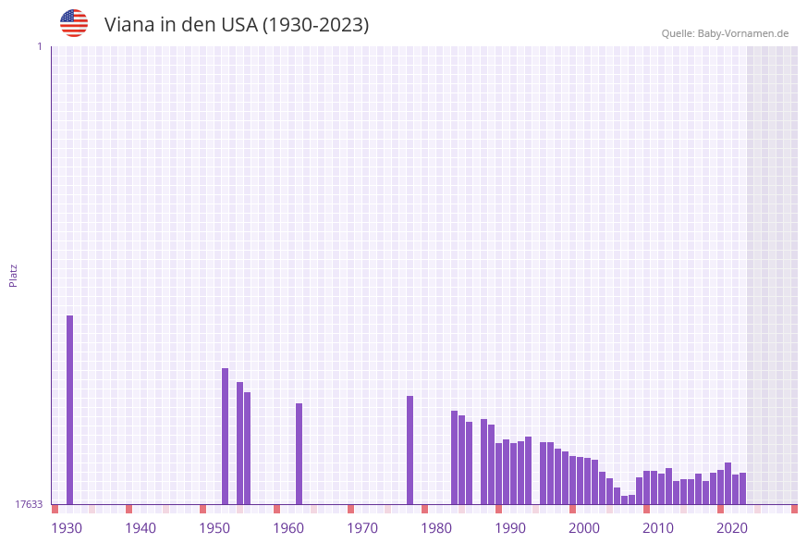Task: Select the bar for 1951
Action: tap(225, 436)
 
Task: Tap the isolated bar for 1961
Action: tap(299, 453)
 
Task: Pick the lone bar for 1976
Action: tap(410, 450)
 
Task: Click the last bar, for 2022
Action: tap(742, 488)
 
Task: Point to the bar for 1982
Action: tap(454, 457)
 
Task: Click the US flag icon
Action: tap(74, 24)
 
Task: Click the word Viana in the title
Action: tap(129, 25)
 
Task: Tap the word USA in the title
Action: tap(238, 25)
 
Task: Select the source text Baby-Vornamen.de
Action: tap(743, 33)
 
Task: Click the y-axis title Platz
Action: tap(14, 275)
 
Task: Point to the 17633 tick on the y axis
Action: tap(29, 504)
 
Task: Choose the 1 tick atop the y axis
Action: tap(39, 46)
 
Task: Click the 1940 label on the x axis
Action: tap(141, 528)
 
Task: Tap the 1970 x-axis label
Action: tap(362, 528)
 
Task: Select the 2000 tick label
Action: tap(584, 528)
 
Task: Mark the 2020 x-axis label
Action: tap(732, 528)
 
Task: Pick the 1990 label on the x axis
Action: tap(510, 528)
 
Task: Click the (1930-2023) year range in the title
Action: tap(316, 25)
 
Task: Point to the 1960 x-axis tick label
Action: tap(288, 528)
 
